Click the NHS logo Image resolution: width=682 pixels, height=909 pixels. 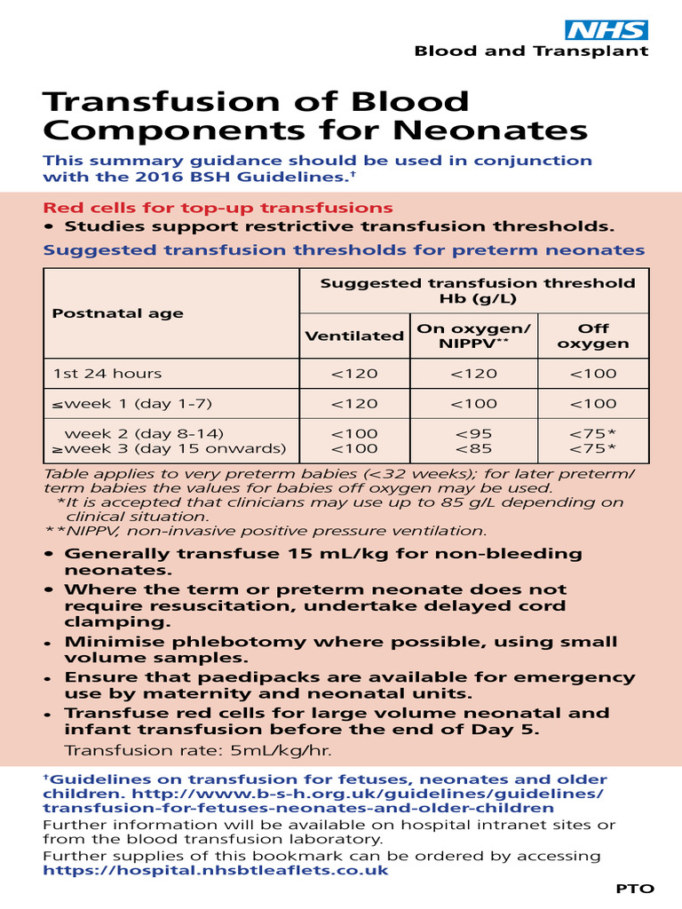click(x=607, y=29)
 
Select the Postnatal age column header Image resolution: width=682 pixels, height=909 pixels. click(x=118, y=313)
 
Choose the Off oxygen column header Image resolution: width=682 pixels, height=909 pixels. click(x=593, y=336)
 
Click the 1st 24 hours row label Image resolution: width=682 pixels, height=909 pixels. click(x=107, y=374)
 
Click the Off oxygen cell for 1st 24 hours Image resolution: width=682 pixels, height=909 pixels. click(x=593, y=374)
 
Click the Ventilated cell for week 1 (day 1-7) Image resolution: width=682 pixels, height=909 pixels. click(x=354, y=404)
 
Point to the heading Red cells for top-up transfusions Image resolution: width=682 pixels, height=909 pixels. click(x=218, y=208)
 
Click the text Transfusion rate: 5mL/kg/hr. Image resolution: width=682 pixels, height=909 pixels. click(x=198, y=751)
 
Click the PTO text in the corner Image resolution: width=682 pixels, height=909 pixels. click(x=635, y=889)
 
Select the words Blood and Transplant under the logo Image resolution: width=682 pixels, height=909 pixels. click(x=531, y=51)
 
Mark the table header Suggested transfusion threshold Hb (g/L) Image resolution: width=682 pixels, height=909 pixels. click(x=477, y=290)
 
